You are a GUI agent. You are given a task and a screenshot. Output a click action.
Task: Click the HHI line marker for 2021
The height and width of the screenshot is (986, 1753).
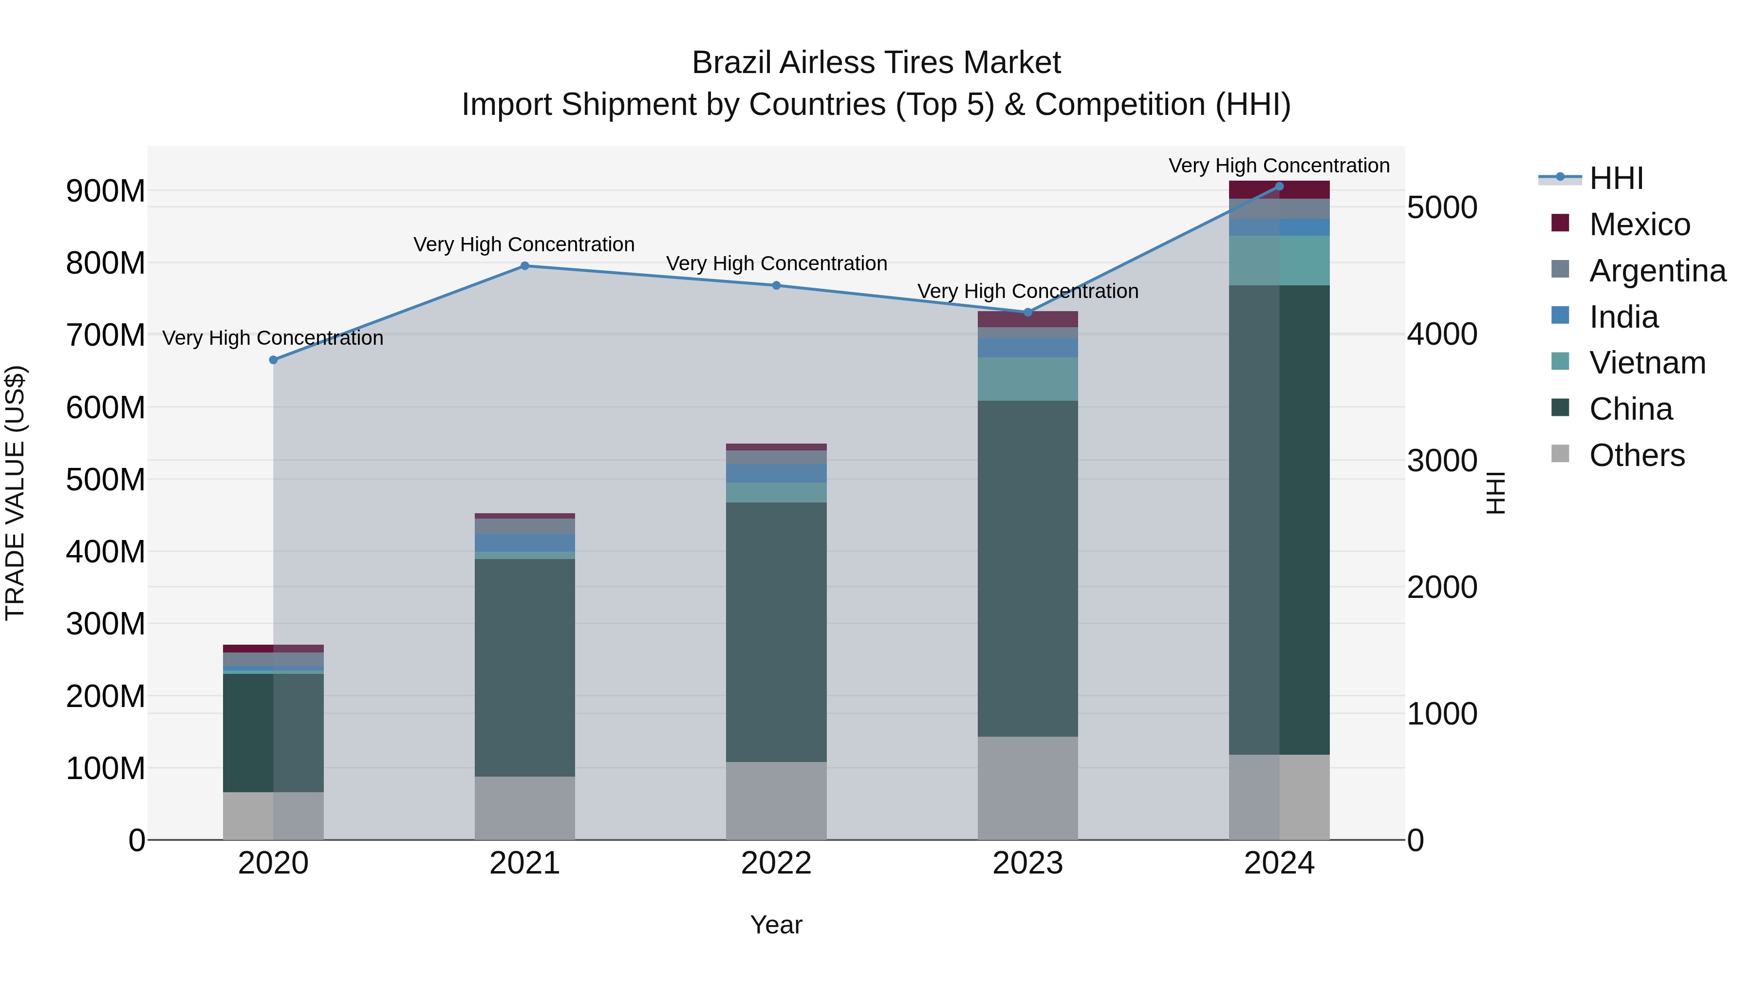[524, 266]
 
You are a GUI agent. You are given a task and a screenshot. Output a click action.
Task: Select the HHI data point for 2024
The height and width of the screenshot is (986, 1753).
[1279, 186]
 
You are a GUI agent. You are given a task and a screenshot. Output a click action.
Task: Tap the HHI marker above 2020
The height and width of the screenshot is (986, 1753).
[274, 360]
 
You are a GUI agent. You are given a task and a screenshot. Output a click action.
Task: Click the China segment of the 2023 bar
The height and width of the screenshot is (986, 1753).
[1027, 568]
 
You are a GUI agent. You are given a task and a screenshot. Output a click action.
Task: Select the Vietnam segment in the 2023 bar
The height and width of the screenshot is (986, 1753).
[1027, 379]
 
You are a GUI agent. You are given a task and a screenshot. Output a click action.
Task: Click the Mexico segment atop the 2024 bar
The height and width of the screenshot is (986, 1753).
[1279, 190]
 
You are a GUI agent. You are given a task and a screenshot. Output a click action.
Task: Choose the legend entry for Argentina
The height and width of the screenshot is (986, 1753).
[1657, 271]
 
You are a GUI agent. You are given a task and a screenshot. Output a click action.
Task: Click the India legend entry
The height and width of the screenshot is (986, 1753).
[1623, 317]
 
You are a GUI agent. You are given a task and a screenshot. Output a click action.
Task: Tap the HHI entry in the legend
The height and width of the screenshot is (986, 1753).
[1616, 178]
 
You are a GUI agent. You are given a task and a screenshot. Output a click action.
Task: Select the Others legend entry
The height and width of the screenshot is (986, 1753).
[1637, 455]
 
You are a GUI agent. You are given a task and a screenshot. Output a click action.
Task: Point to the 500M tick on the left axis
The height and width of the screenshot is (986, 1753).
[106, 480]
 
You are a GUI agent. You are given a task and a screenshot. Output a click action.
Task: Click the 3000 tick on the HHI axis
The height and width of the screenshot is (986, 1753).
[1442, 461]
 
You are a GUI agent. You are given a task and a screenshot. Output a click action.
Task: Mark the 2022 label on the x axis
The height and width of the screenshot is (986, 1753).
[776, 863]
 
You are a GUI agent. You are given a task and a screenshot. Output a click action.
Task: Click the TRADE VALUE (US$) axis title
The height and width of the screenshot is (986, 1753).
[15, 493]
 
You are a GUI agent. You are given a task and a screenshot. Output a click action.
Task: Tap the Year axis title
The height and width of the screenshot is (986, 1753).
[776, 925]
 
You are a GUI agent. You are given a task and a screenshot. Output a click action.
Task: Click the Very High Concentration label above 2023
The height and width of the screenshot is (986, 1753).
[1027, 291]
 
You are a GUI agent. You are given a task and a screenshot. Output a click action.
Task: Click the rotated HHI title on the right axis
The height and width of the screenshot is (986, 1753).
[1495, 493]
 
